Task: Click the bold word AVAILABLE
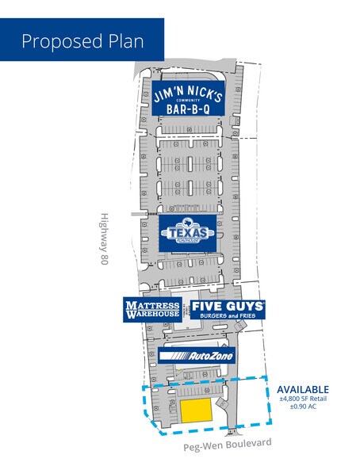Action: coord(302,389)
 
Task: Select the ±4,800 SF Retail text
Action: coord(302,399)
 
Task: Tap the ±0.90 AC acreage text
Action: coord(302,407)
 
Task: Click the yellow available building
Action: coord(197,411)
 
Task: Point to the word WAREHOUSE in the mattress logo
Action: coord(151,315)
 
